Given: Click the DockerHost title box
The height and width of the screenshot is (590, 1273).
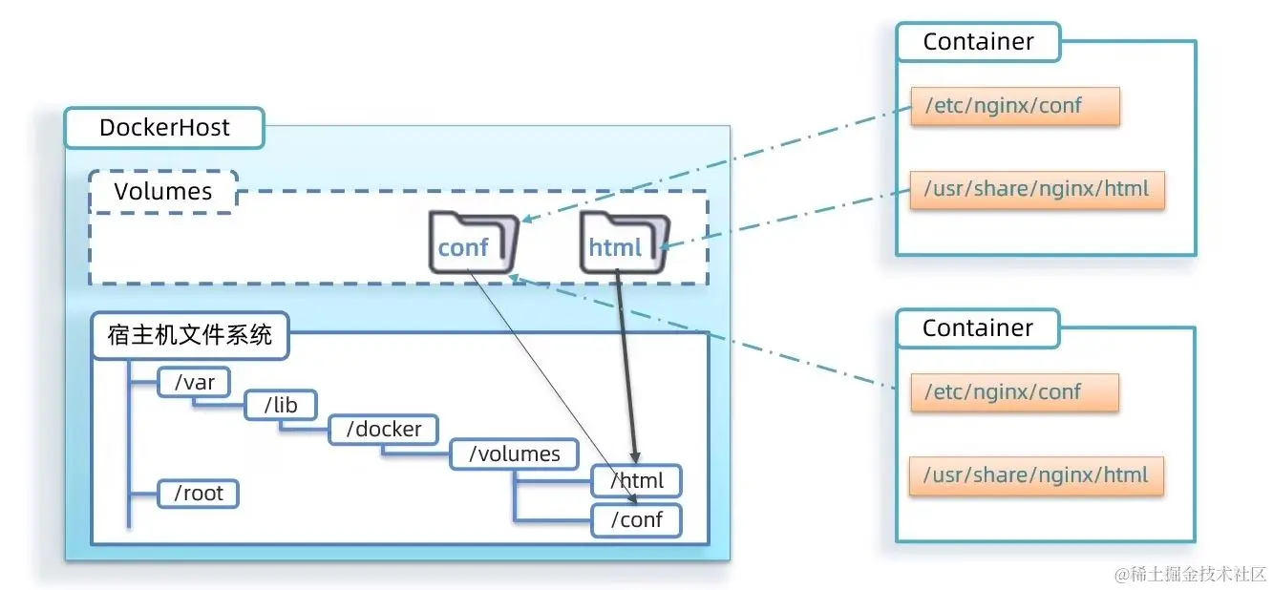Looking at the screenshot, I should pos(164,128).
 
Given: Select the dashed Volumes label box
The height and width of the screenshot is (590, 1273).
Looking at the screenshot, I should pos(162,191).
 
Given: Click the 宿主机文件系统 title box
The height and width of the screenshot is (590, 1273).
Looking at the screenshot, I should pos(190,336).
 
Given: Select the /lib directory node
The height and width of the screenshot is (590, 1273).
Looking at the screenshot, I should pos(281,406).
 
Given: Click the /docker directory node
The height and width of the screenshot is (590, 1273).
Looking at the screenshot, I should pos(382,429).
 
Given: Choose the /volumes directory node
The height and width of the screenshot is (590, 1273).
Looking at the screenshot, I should pos(514,453).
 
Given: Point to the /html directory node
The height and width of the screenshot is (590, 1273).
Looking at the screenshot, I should pos(636,480).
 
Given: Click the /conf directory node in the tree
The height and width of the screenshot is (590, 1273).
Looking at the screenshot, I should pos(636,520).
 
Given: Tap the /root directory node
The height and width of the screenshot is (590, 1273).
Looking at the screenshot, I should pos(198,494).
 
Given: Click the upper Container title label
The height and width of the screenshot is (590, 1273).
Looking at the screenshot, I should pos(978,43).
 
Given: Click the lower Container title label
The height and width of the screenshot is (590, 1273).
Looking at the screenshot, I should pos(978,328).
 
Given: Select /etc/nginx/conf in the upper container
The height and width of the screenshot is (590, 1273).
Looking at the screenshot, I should pos(1014,107).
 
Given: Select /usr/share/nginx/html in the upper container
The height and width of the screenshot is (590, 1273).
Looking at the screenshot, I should pos(1036,189).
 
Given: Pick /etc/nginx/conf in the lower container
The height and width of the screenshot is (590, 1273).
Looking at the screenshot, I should pos(1014,392).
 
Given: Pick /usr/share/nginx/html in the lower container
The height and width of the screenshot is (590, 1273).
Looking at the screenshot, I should pos(1036,474).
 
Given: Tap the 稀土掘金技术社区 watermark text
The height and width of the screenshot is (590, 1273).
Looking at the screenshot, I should pos(1191,574).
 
